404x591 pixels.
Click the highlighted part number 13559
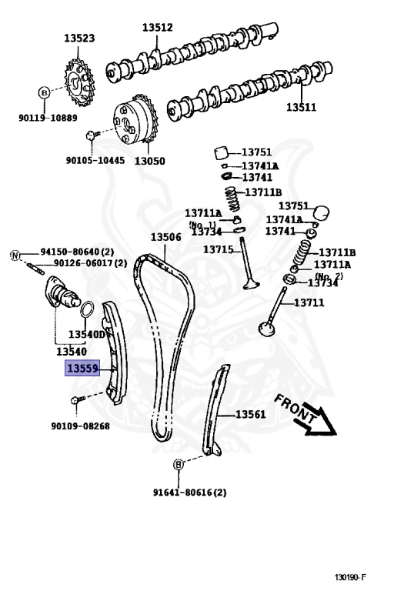pyautogui.click(x=82, y=369)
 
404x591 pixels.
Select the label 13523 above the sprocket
pyautogui.click(x=79, y=38)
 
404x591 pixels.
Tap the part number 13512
pyautogui.click(x=157, y=28)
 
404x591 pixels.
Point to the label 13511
pyautogui.click(x=302, y=108)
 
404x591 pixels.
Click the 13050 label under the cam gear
pyautogui.click(x=149, y=162)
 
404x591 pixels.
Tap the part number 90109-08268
pyautogui.click(x=80, y=426)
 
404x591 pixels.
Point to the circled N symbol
pyautogui.click(x=15, y=254)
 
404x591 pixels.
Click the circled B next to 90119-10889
pyautogui.click(x=44, y=92)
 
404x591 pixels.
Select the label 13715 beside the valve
pyautogui.click(x=218, y=249)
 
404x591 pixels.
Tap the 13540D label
pyautogui.click(x=86, y=335)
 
